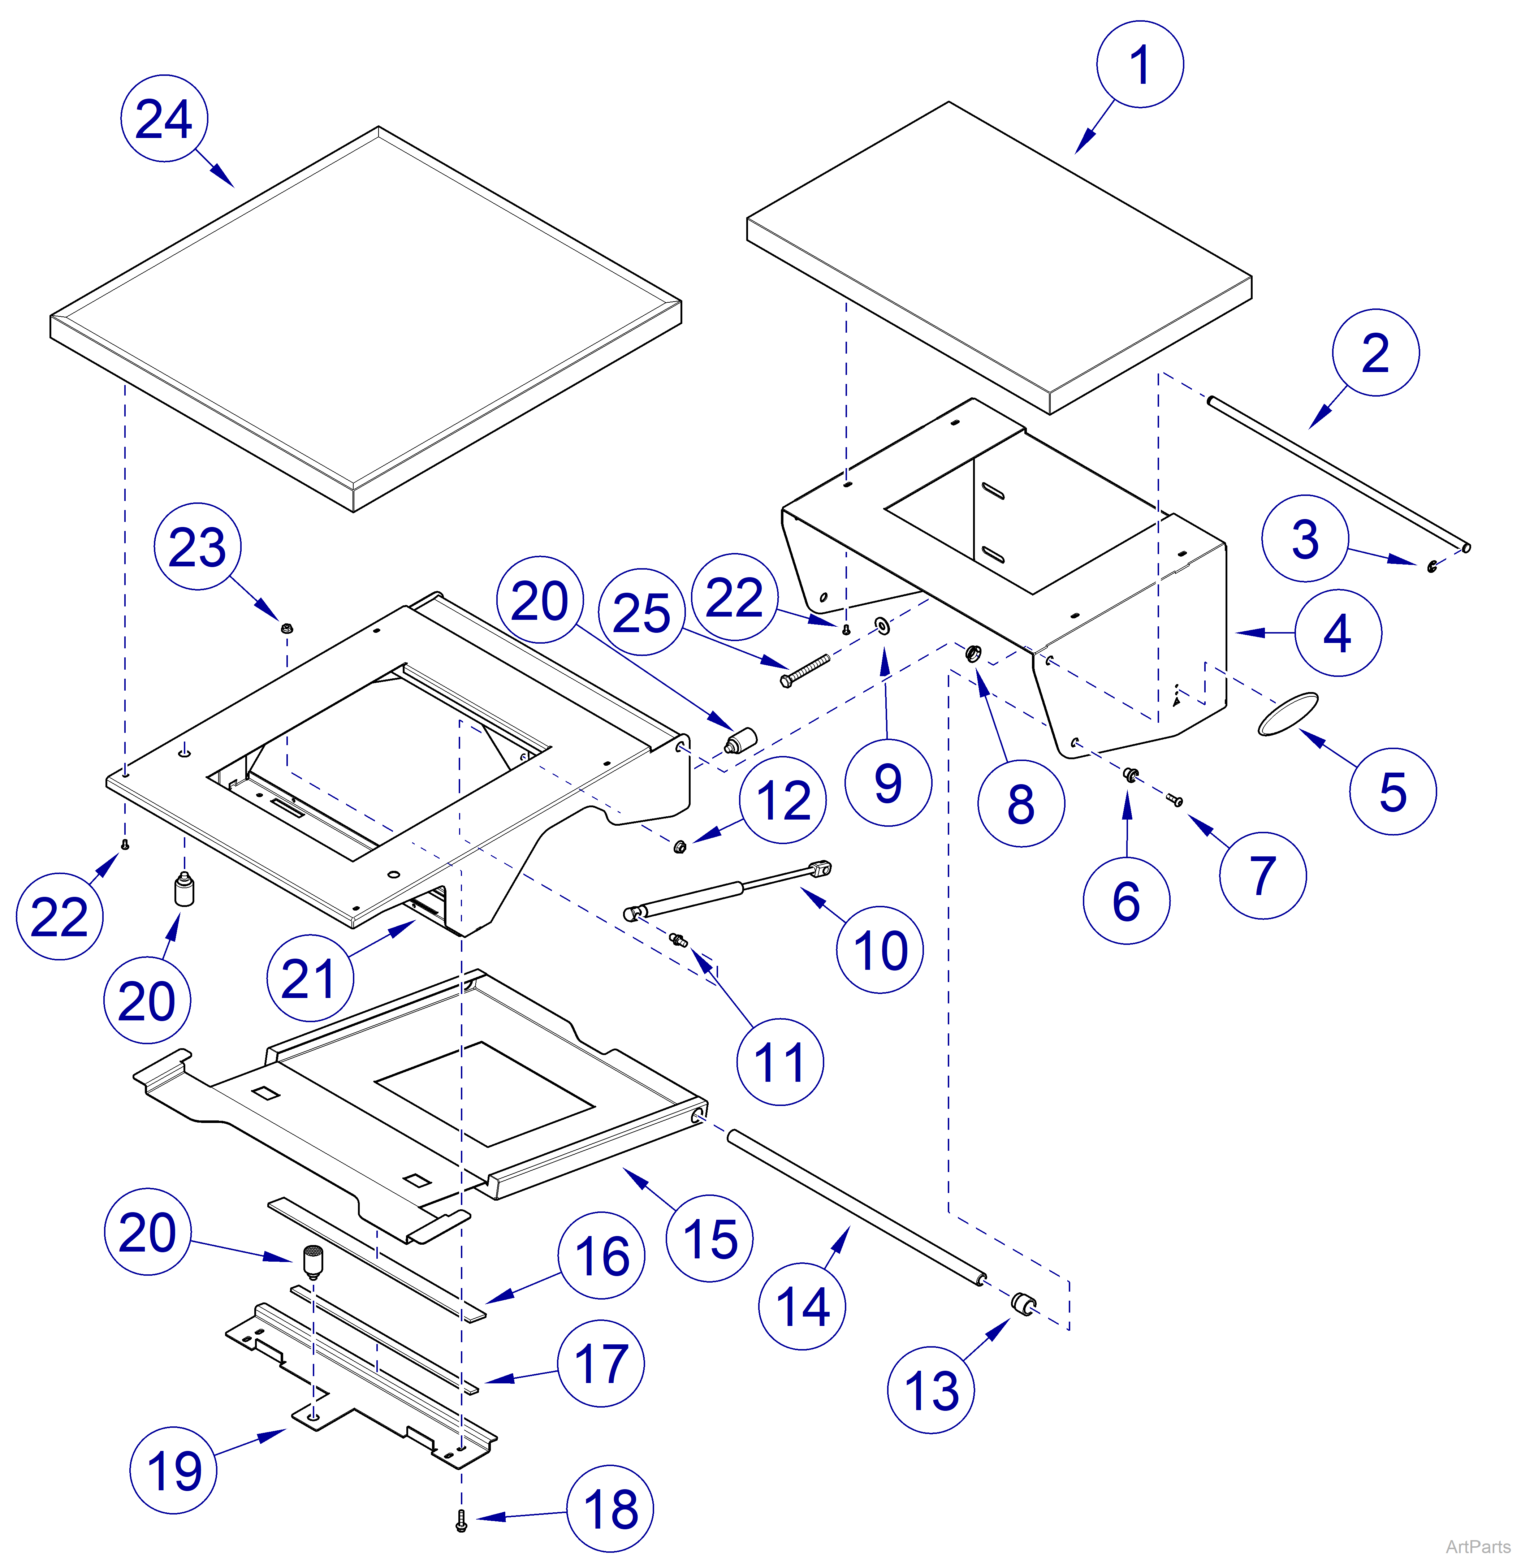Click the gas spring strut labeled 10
point(727,891)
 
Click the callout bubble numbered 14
point(801,1307)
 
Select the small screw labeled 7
point(1174,800)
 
